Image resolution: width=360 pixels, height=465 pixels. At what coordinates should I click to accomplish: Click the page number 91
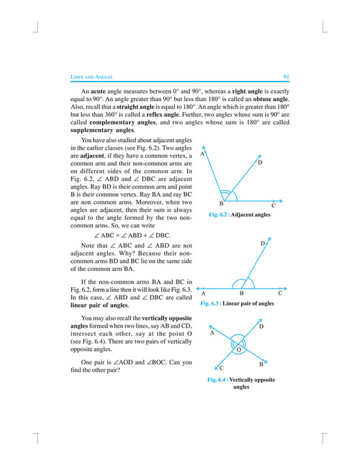coord(286,76)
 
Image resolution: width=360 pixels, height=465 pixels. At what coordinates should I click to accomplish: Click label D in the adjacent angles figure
coord(260,163)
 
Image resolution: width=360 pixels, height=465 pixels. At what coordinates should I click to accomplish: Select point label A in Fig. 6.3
coord(204,293)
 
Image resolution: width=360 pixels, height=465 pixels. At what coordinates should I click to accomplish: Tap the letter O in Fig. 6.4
coord(239,349)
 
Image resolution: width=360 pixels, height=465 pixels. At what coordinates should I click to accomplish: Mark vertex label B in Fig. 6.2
coord(221,204)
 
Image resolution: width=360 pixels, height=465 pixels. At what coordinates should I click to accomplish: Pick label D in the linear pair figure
coord(262,243)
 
